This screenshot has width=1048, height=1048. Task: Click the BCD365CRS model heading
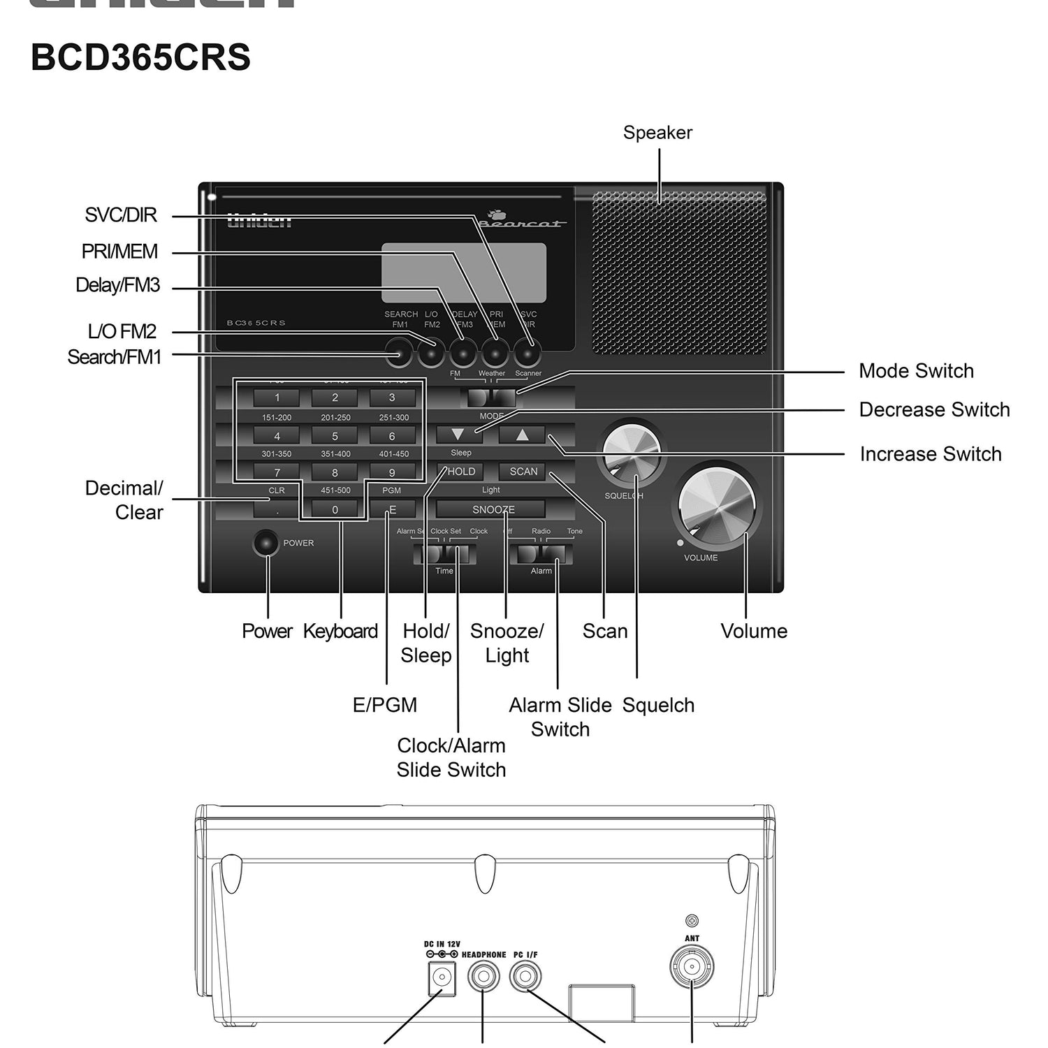click(140, 57)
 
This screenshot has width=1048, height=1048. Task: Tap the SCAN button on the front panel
click(523, 472)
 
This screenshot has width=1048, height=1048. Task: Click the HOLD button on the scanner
click(460, 472)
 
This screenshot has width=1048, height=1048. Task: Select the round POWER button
click(265, 543)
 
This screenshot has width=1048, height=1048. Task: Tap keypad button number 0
click(335, 509)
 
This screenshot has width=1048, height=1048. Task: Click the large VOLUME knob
click(717, 504)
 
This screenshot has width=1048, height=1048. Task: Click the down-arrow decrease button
click(458, 435)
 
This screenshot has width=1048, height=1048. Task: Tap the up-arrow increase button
click(522, 435)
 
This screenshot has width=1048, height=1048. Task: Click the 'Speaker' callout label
click(657, 133)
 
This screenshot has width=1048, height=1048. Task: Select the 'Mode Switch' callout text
click(916, 371)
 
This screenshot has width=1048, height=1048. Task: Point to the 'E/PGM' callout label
click(385, 705)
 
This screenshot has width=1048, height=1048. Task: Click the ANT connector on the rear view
click(692, 967)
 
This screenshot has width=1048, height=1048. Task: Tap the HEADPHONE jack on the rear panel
click(483, 975)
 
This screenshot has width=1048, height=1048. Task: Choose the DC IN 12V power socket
click(441, 977)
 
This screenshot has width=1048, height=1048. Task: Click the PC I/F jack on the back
click(525, 975)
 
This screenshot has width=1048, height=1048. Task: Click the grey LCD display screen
click(464, 273)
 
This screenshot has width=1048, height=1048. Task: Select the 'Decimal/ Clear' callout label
click(125, 500)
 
